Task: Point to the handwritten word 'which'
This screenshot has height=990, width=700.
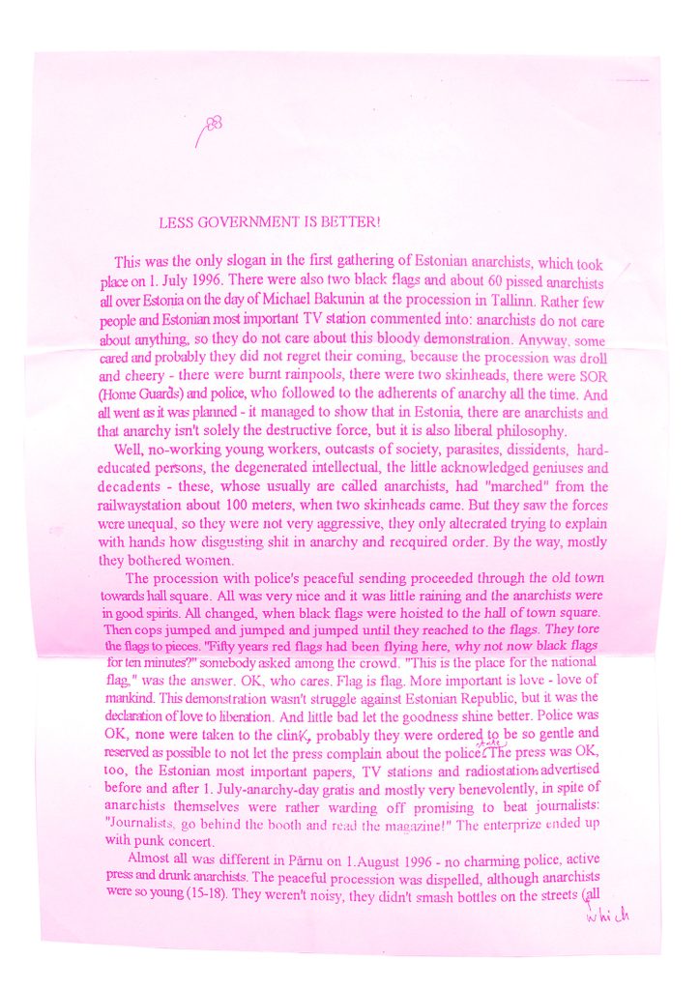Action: click(x=608, y=915)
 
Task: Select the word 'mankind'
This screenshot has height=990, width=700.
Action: click(x=129, y=696)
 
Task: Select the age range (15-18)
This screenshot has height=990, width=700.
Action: click(x=203, y=895)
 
